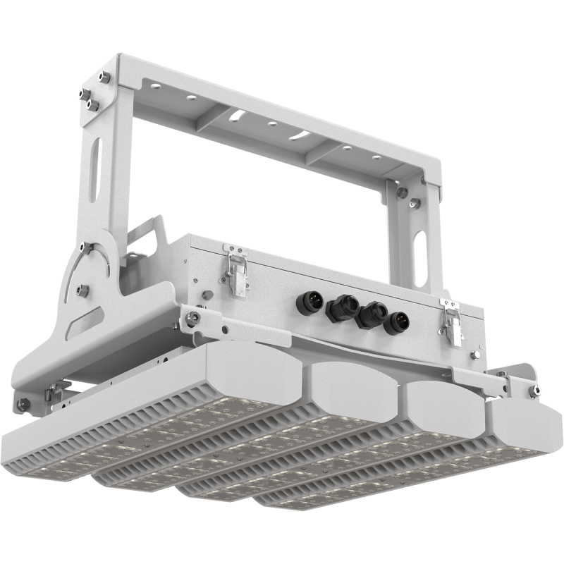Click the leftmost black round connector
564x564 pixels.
[307, 303]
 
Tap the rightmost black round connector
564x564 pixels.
[396, 324]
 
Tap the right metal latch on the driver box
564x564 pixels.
[452, 322]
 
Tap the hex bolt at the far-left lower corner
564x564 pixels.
[23, 404]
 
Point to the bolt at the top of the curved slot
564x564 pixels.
[85, 247]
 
